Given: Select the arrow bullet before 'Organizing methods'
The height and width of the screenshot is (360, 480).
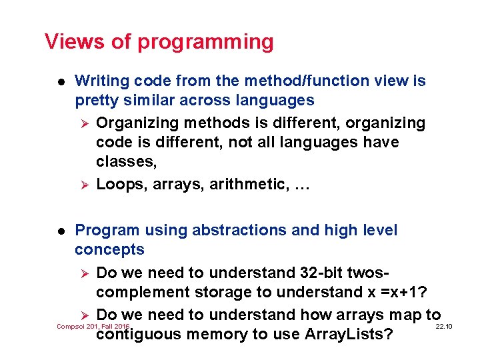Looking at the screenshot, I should pos(84,123).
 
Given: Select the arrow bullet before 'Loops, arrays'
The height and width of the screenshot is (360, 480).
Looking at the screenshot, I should pos(84,185).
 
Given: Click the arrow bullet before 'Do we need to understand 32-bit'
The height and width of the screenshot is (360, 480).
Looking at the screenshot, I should pos(84,273).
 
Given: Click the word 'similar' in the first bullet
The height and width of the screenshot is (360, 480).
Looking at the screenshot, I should pos(141,101).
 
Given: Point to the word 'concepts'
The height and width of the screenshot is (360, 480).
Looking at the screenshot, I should pos(109,250).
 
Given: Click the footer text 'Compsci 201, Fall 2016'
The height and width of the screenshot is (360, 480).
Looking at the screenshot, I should pos(93,326).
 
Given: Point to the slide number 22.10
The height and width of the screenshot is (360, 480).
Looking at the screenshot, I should pos(443,326).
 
